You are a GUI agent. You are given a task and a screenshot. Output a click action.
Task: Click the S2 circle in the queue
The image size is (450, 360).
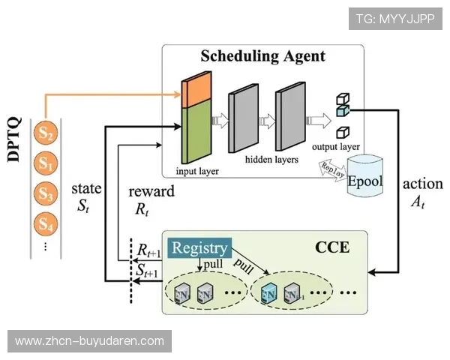(x=46, y=133)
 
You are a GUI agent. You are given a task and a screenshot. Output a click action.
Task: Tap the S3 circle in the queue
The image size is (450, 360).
(x=46, y=193)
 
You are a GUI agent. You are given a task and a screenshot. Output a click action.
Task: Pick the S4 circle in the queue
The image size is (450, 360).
(x=46, y=223)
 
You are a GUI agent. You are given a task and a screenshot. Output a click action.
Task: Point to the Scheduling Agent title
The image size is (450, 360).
(x=262, y=56)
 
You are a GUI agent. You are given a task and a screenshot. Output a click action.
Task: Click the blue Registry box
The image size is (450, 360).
(x=199, y=248)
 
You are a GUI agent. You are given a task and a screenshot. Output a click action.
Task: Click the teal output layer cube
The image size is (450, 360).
(x=343, y=112)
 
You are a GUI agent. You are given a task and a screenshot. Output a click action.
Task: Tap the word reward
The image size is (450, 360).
(x=151, y=191)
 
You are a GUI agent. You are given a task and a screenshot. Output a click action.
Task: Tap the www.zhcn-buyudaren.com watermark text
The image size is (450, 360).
(x=89, y=341)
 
